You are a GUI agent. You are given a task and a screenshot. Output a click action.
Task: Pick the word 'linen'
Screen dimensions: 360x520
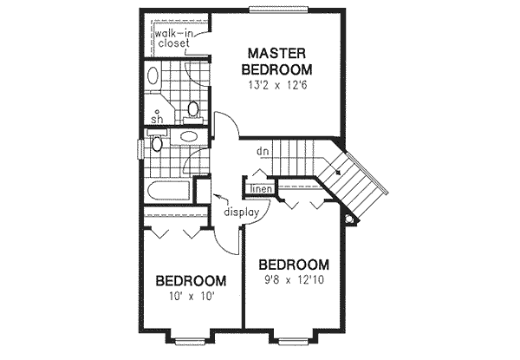(262, 188)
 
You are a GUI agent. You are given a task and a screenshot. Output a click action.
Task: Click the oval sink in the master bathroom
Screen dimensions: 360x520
(153, 75)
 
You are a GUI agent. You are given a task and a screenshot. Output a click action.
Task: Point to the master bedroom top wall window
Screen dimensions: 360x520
(276, 10)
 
